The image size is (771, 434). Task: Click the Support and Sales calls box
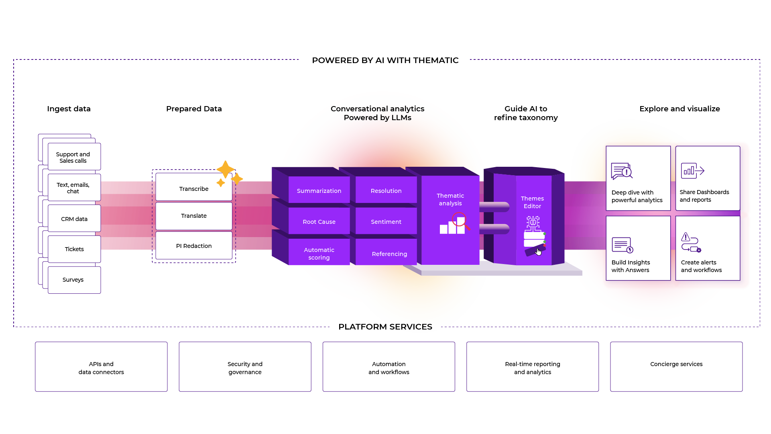coord(74,157)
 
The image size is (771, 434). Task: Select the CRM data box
coord(74,219)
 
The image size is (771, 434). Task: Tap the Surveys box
coord(74,280)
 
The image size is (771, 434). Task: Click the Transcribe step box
coord(194,188)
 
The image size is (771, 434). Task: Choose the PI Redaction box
coord(194,246)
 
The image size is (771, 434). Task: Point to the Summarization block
coord(319,190)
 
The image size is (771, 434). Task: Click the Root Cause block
coord(319,221)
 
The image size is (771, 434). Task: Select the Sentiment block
coord(386,221)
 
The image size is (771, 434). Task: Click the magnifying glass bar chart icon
coord(454,224)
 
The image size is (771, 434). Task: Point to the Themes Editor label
coord(532,202)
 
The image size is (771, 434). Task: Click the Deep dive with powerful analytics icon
coord(621,171)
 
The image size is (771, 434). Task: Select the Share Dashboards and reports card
coord(708,178)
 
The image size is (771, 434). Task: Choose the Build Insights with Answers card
coord(638,248)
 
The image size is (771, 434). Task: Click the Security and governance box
coord(245,367)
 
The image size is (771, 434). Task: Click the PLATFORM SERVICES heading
coord(385,327)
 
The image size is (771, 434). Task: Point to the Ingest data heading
coord(69,108)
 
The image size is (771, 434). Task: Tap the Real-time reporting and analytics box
coord(533,367)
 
